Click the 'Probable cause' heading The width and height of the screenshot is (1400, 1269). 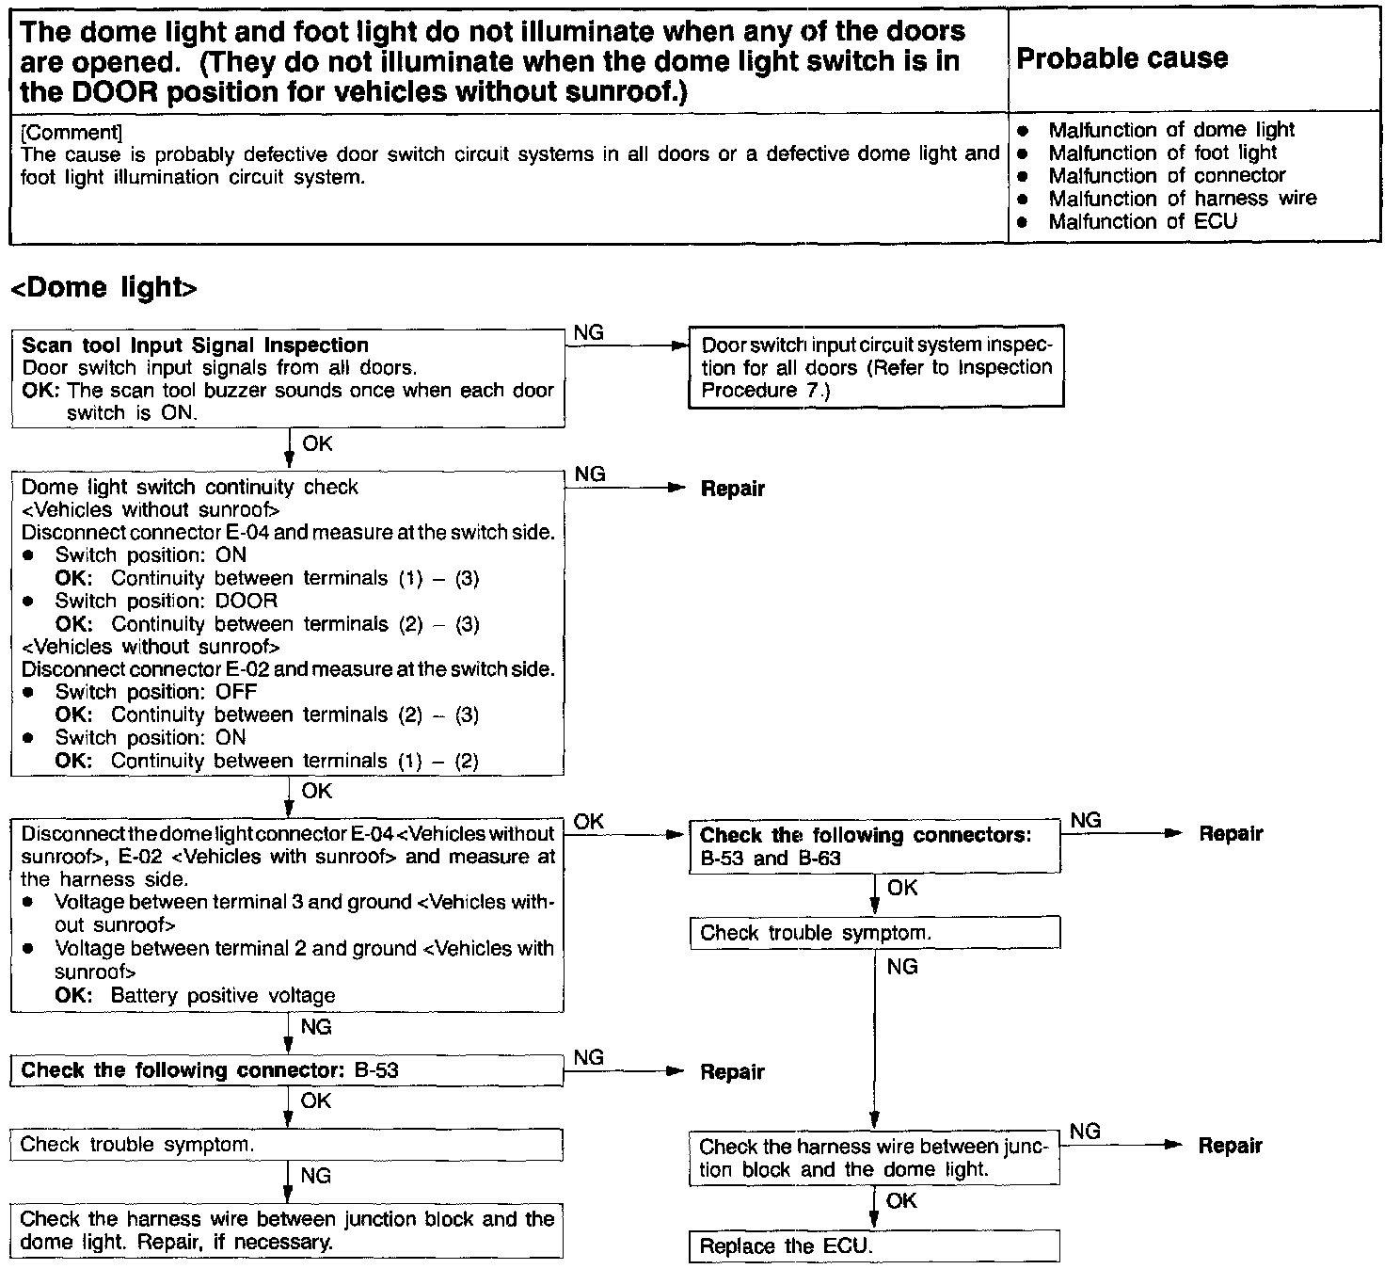pyautogui.click(x=1122, y=58)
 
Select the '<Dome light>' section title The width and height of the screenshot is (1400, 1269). pyautogui.click(x=103, y=288)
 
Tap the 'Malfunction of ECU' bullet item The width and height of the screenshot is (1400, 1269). pyautogui.click(x=1142, y=221)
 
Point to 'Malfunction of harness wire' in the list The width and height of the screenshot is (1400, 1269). pyautogui.click(x=1182, y=199)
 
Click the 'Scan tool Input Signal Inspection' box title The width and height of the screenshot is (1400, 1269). pyautogui.click(x=195, y=345)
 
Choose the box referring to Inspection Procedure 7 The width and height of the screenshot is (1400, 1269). pyautogui.click(x=876, y=367)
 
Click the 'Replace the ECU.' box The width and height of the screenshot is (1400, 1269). pyautogui.click(x=874, y=1246)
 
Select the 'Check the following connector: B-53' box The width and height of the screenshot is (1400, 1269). pyautogui.click(x=287, y=1070)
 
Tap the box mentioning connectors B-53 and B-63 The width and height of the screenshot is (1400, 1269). pyautogui.click(x=874, y=846)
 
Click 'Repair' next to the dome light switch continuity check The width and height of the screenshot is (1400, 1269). pyautogui.click(x=733, y=489)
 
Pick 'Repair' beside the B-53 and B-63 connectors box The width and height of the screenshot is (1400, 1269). pyautogui.click(x=1231, y=834)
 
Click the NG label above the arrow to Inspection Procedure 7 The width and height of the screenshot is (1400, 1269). pyautogui.click(x=589, y=332)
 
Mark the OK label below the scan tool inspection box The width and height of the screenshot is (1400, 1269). pyautogui.click(x=317, y=443)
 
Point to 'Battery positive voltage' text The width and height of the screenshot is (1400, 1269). pyautogui.click(x=223, y=995)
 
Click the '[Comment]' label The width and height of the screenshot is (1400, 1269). pyautogui.click(x=71, y=132)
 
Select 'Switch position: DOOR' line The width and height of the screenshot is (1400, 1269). pyautogui.click(x=167, y=601)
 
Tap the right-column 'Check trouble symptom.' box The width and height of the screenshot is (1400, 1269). pyautogui.click(x=874, y=933)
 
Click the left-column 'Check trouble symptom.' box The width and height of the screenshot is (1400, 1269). pyautogui.click(x=287, y=1145)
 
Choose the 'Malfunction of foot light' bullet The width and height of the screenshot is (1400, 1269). pyautogui.click(x=1162, y=153)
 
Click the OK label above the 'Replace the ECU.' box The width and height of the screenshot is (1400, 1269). pyautogui.click(x=901, y=1200)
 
